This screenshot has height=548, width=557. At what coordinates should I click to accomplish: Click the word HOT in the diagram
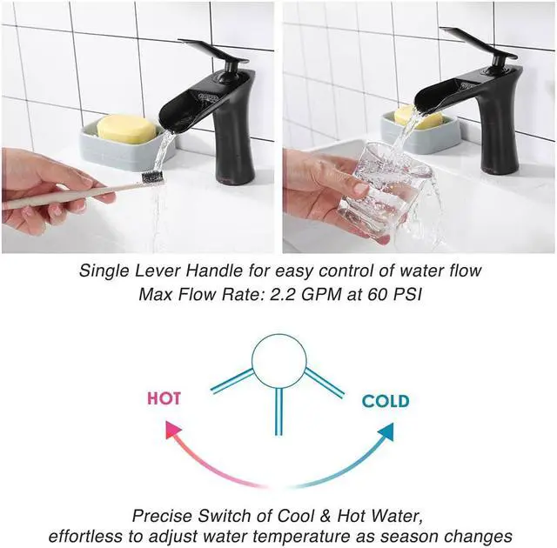coord(164,398)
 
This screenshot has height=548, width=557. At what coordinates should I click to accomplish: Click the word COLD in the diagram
coord(386,401)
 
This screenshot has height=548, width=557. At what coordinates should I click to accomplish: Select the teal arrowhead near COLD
coord(385,429)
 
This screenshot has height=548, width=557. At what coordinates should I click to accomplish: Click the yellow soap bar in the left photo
coord(126,129)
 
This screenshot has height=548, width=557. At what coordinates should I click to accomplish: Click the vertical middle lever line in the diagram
coord(278,409)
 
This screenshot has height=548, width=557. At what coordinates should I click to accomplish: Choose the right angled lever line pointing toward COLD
coord(324,382)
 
